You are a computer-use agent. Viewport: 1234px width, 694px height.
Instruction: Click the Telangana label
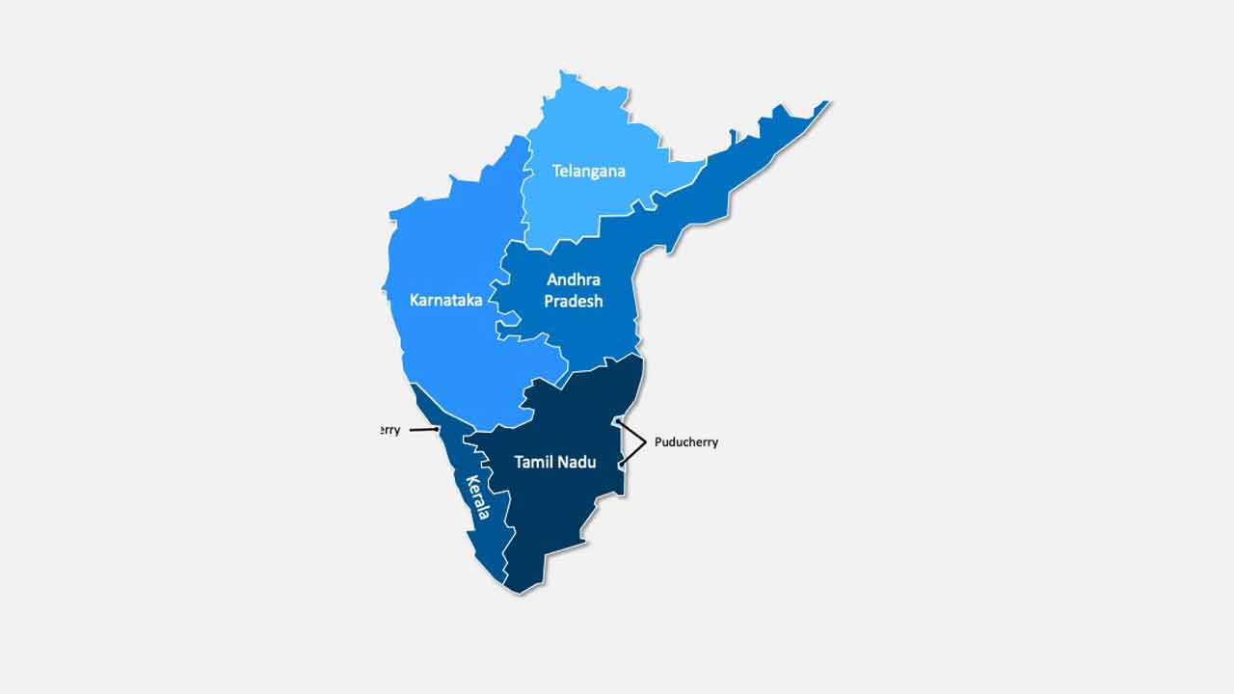[588, 172]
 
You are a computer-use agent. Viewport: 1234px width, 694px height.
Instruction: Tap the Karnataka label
[445, 301]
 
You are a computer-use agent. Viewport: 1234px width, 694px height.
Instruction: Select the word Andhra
[574, 280]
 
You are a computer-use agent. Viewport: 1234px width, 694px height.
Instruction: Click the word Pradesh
[574, 302]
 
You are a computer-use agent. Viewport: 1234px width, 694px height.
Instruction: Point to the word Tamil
[534, 463]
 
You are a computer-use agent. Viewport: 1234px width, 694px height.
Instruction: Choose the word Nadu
[577, 463]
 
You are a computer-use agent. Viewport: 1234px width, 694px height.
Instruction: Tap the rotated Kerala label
[478, 497]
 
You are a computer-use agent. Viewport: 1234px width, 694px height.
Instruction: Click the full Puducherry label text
[685, 442]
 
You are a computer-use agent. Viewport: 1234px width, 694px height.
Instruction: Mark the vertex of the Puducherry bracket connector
[644, 442]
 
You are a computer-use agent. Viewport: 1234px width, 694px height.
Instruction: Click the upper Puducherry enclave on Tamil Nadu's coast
[618, 421]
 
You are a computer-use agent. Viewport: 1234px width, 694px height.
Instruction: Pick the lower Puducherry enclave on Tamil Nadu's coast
[622, 466]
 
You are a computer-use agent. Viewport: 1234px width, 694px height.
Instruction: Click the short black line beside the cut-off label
[424, 430]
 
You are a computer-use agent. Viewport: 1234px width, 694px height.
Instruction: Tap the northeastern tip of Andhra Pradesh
[826, 102]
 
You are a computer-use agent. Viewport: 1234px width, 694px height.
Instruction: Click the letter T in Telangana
[556, 172]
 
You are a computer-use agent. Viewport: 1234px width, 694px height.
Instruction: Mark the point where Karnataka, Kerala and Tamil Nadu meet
[473, 432]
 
